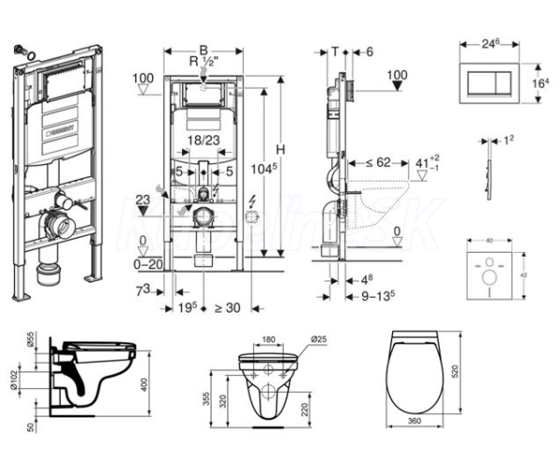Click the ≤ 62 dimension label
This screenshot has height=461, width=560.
(377, 161)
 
